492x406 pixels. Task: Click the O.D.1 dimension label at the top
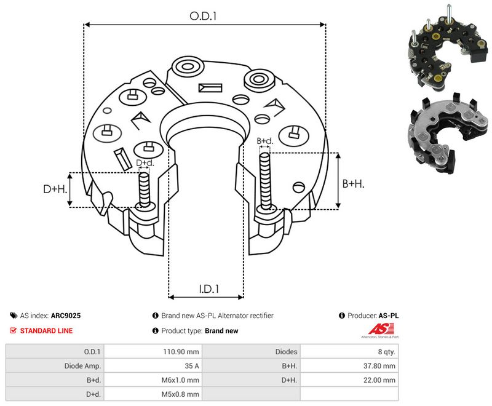tap(203, 16)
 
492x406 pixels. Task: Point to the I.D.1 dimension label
tap(209, 289)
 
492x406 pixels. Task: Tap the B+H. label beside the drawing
tap(353, 183)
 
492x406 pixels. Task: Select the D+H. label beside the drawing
tap(55, 189)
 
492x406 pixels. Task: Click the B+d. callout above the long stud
tap(265, 141)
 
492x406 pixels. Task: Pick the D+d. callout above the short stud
tap(145, 163)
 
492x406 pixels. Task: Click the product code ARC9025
tap(66, 316)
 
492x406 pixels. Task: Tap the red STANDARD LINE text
tap(46, 331)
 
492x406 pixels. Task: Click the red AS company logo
tap(381, 330)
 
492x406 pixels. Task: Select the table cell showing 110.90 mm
tap(181, 352)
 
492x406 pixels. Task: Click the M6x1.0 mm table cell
tap(180, 380)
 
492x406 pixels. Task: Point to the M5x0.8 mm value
tap(180, 394)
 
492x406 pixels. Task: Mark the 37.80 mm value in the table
tap(379, 366)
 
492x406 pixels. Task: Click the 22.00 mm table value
tap(379, 380)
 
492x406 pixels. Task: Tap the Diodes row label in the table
tap(286, 352)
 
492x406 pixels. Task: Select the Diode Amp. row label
tap(82, 366)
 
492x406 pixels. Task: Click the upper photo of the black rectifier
tap(448, 48)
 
